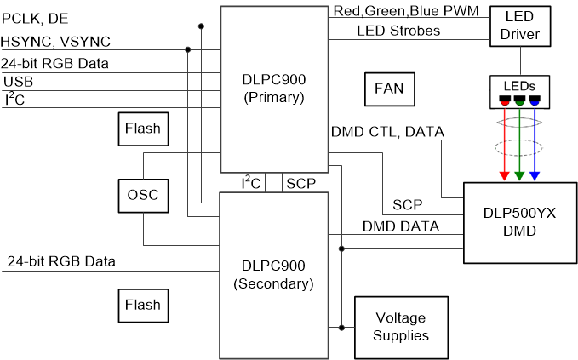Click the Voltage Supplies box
pyautogui.click(x=402, y=326)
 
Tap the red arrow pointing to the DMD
pyautogui.click(x=504, y=145)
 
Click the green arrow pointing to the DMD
pyautogui.click(x=519, y=145)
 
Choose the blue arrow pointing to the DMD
pyautogui.click(x=535, y=145)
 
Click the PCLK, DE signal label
pyautogui.click(x=37, y=16)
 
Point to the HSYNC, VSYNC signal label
pyautogui.click(x=55, y=41)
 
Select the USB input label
pyautogui.click(x=19, y=81)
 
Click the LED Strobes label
pyautogui.click(x=385, y=31)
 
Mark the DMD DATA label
pyautogui.click(x=401, y=226)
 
